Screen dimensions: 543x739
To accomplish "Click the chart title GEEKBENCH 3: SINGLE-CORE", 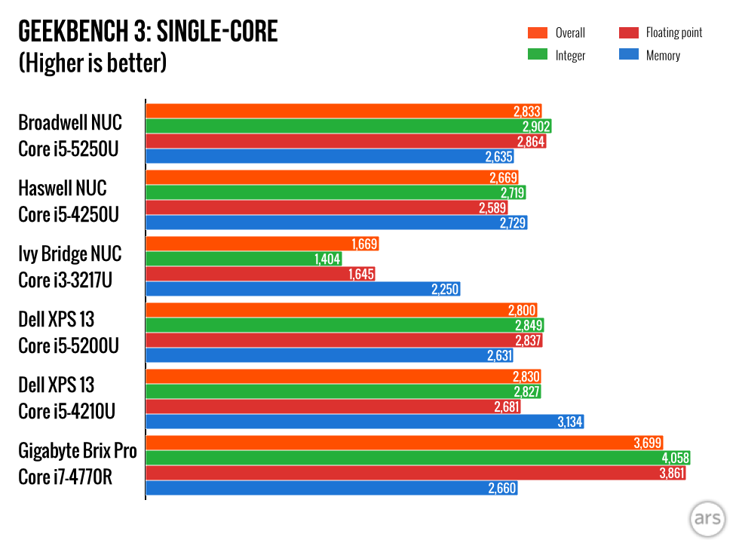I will [x=148, y=32].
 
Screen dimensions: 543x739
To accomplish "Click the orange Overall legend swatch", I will [x=537, y=32].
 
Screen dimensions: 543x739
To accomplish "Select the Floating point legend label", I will [x=673, y=32].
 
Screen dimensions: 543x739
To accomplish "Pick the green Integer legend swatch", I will [x=537, y=55].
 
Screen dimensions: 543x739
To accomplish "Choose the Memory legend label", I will [x=663, y=55].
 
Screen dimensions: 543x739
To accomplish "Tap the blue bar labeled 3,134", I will [x=339, y=422].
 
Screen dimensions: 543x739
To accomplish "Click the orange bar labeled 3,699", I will [x=377, y=443].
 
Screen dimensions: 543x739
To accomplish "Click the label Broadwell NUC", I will [x=69, y=122].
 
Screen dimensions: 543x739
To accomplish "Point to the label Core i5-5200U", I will [x=69, y=345].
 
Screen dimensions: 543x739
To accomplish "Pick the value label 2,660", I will [x=501, y=488].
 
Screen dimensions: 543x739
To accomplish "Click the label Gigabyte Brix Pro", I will [x=78, y=451].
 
